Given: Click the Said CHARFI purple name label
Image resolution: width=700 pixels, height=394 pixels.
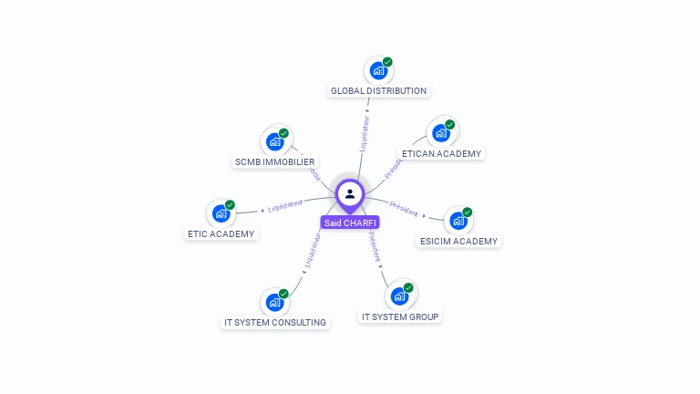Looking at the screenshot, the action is coord(350,223).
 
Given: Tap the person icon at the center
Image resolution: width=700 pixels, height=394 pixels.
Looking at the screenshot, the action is coord(350,193).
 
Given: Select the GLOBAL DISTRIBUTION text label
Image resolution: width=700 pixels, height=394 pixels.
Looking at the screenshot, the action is coord(378,91).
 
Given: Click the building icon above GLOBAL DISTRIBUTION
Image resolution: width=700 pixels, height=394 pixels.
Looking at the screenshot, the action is coord(377,70).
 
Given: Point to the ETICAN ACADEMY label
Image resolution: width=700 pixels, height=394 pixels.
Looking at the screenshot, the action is coord(441,153).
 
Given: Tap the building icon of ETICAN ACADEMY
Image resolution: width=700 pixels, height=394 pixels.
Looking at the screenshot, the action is coord(441,133).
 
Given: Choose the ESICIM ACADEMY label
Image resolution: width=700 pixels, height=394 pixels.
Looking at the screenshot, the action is coord(458,242).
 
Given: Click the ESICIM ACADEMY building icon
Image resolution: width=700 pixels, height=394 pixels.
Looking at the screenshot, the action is coord(458,221).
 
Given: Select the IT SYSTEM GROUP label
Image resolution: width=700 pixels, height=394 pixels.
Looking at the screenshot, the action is coord(400,317).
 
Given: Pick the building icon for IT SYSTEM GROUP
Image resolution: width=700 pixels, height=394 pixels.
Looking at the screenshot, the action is coord(398,296).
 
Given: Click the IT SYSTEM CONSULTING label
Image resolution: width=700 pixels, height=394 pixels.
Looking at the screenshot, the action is coord(275,322).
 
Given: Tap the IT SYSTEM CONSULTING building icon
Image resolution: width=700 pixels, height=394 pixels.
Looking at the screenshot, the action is coord(273,302).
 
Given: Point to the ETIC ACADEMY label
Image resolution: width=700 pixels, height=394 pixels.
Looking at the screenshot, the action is coord(221,233).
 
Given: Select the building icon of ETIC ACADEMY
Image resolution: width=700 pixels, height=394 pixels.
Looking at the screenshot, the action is coord(221,213).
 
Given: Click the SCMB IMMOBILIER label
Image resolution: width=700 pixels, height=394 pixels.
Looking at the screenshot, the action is coord(274,162).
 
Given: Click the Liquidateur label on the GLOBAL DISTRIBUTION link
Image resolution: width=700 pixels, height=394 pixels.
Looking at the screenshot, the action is coord(365,132).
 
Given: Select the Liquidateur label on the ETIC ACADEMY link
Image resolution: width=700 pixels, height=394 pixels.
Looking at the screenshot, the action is coord(285,206).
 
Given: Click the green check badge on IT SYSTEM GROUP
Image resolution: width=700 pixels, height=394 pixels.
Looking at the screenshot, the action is coord(408,288).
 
